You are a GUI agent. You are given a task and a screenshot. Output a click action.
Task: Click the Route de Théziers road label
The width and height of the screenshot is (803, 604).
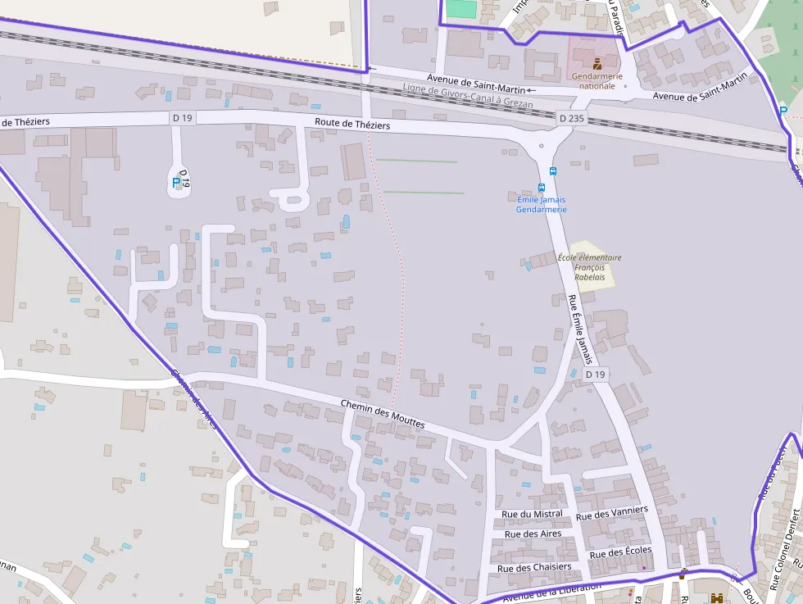tap(352, 125)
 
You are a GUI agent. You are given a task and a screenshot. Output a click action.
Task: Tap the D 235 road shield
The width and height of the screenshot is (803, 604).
tap(573, 119)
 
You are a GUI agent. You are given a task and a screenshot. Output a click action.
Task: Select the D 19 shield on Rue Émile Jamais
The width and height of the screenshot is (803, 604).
tap(597, 375)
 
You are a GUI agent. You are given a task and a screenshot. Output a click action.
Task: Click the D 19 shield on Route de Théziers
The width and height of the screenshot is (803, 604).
tap(183, 118)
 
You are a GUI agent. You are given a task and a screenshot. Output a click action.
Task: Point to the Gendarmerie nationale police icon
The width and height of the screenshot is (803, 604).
tap(597, 63)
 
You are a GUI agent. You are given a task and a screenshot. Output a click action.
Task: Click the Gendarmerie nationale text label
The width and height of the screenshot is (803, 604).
tap(597, 80)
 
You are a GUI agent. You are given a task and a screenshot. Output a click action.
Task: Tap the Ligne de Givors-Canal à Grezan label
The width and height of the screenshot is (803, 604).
tap(468, 96)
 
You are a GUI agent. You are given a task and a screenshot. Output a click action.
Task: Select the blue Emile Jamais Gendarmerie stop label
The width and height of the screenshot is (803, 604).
tap(541, 204)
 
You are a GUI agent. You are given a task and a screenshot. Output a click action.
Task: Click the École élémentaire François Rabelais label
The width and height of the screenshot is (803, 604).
tap(589, 267)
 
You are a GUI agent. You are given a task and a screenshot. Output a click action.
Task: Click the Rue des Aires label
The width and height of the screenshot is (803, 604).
tap(533, 534)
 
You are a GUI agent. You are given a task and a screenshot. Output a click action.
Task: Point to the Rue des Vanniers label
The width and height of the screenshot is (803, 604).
tap(611, 513)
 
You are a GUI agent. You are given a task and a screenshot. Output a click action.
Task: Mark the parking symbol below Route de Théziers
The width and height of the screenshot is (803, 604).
tap(176, 183)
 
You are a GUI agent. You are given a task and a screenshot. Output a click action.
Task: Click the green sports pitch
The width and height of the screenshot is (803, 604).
tap(461, 9)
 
